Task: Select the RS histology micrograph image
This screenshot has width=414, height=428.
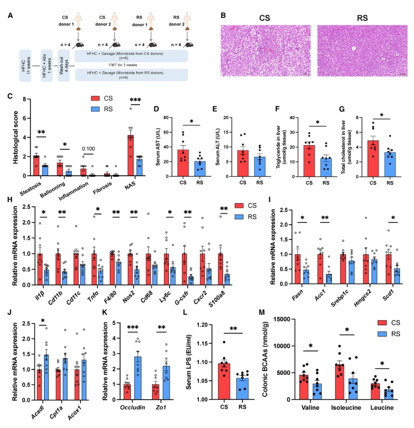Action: [x=362, y=50]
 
